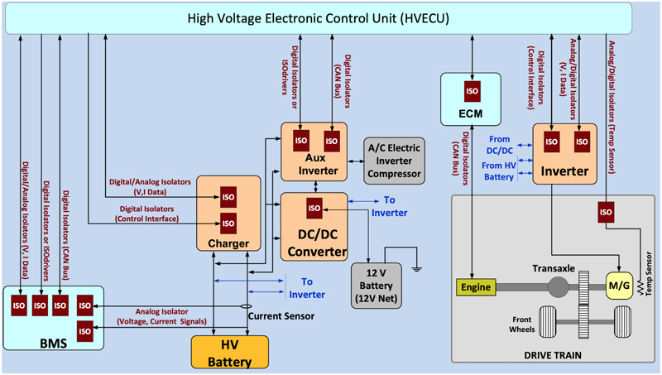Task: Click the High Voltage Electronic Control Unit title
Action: tap(330, 17)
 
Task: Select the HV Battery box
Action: tap(231, 352)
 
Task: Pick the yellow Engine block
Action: tap(476, 287)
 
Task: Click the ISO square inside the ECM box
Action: tap(471, 90)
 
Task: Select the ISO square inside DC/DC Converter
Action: tap(314, 208)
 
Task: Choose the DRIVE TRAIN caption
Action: tap(553, 354)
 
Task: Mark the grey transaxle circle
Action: tap(556, 287)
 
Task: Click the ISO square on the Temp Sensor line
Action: tap(606, 212)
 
